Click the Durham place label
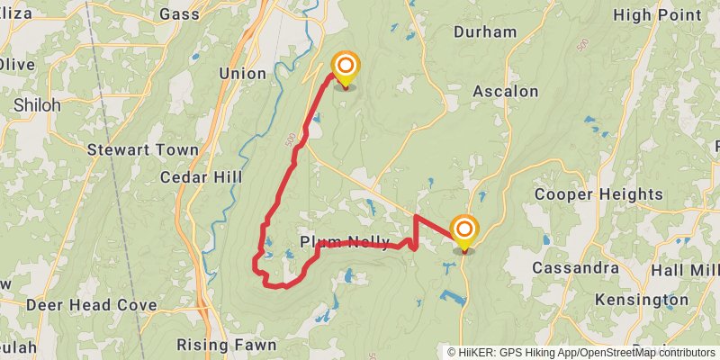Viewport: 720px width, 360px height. (485, 32)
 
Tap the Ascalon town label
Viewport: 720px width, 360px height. (505, 91)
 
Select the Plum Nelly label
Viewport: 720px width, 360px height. (345, 242)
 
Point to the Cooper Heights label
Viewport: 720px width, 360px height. (598, 194)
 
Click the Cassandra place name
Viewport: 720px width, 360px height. (575, 268)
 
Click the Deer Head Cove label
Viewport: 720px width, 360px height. (92, 305)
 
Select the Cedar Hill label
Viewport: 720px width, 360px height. (201, 177)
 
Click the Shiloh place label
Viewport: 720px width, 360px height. (37, 105)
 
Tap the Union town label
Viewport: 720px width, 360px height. (242, 73)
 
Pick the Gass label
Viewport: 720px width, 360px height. (178, 13)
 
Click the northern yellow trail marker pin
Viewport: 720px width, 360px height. (346, 69)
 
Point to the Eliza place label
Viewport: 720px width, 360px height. (16, 13)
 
